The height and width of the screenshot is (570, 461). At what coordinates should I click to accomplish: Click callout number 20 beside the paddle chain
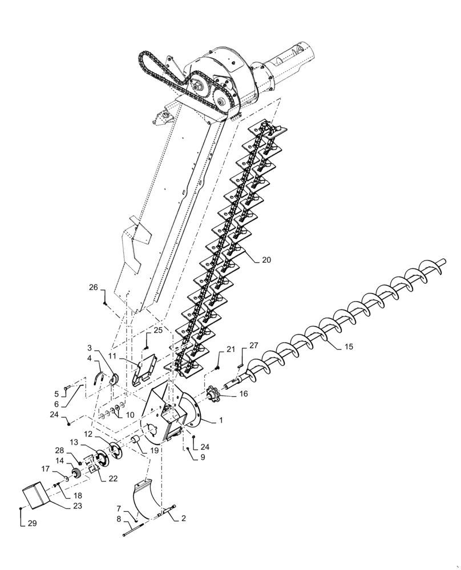point(266,259)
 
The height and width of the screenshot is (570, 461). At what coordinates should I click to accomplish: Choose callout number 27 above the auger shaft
point(253,345)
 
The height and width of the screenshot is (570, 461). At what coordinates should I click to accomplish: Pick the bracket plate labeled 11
point(145,371)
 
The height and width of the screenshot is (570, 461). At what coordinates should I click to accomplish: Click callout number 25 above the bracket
point(158,330)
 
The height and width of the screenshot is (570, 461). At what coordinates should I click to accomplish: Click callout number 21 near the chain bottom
point(230,348)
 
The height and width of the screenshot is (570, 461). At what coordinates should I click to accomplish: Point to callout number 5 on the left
point(56,393)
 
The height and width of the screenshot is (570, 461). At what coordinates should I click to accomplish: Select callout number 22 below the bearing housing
point(113,478)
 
